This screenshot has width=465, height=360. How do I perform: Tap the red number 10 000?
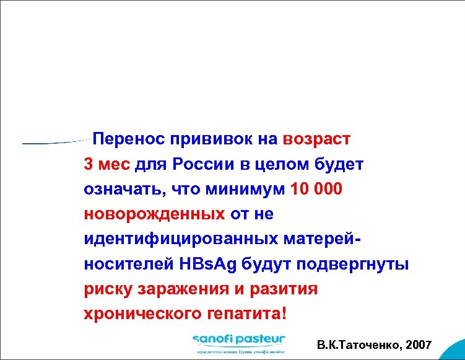click(316, 189)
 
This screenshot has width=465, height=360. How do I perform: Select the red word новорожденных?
click(154, 214)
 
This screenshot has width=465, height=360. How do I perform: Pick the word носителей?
click(121, 263)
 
